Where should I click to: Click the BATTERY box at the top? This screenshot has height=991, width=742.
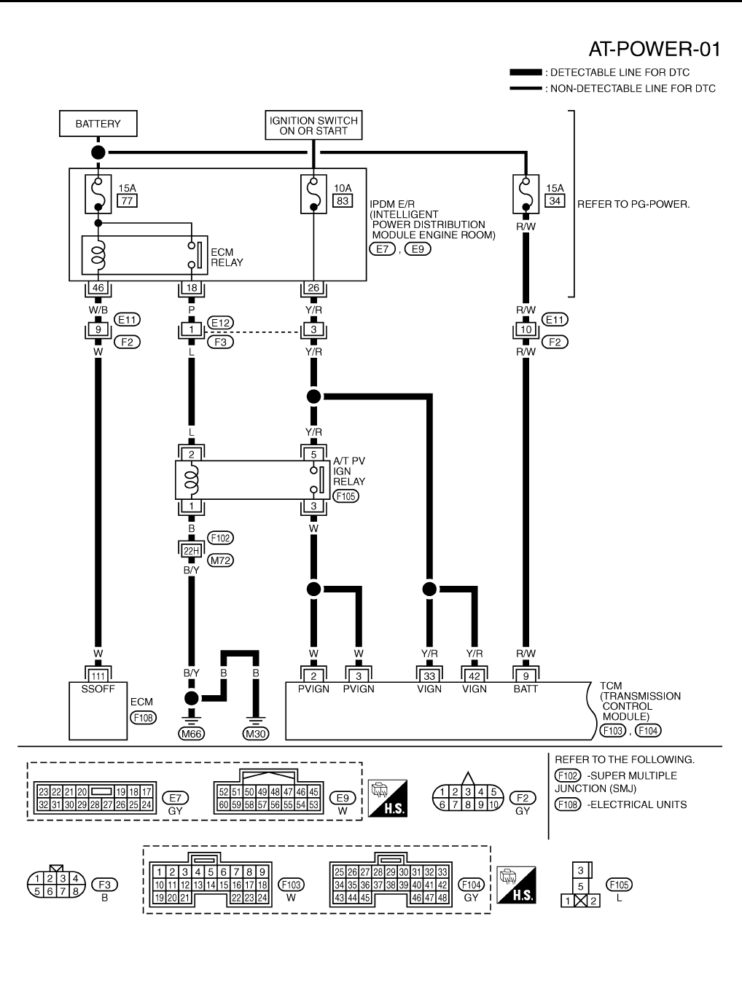(x=98, y=124)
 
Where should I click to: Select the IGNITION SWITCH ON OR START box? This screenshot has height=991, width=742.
(x=313, y=125)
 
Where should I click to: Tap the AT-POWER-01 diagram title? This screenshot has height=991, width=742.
(x=654, y=49)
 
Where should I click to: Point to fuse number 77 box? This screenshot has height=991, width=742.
(x=128, y=201)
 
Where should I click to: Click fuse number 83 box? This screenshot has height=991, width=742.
(x=343, y=201)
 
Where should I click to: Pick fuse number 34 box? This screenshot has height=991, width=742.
(x=555, y=201)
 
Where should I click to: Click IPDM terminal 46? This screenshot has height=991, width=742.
(x=98, y=288)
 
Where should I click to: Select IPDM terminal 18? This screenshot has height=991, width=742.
(x=191, y=288)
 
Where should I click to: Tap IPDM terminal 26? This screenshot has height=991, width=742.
(x=313, y=288)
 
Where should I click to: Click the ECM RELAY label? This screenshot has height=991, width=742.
(x=227, y=257)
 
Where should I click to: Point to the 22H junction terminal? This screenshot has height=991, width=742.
(x=191, y=551)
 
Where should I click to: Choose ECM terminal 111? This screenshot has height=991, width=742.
(x=98, y=676)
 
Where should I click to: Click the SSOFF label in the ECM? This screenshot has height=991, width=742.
(x=98, y=689)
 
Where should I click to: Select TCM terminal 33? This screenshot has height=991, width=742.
(x=429, y=676)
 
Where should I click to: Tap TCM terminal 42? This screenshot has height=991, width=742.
(x=475, y=676)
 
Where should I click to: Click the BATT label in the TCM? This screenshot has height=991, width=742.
(x=526, y=689)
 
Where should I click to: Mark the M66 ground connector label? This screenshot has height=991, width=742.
(x=191, y=734)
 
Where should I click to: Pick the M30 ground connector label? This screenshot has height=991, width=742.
(x=255, y=734)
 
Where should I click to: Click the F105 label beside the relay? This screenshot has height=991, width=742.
(x=346, y=496)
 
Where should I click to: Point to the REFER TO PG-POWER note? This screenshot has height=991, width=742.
(x=633, y=204)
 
